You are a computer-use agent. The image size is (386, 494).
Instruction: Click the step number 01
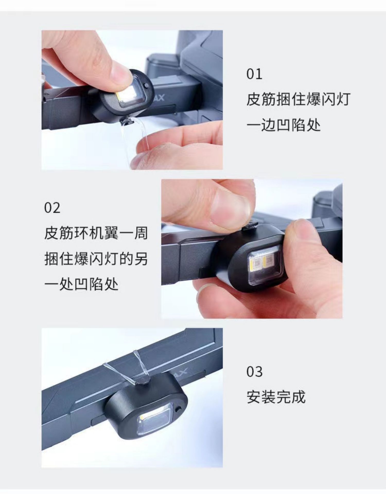pyautogui.click(x=254, y=74)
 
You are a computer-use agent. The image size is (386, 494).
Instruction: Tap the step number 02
pyautogui.click(x=52, y=208)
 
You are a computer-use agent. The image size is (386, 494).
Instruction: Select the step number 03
pyautogui.click(x=255, y=372)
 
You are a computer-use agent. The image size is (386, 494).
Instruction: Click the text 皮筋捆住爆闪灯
pyautogui.click(x=298, y=99)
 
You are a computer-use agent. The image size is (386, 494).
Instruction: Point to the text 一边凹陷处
pyautogui.click(x=284, y=125)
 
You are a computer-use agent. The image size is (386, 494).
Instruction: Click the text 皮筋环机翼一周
pyautogui.click(x=96, y=233)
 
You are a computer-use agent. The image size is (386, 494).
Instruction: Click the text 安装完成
pyautogui.click(x=276, y=397)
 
